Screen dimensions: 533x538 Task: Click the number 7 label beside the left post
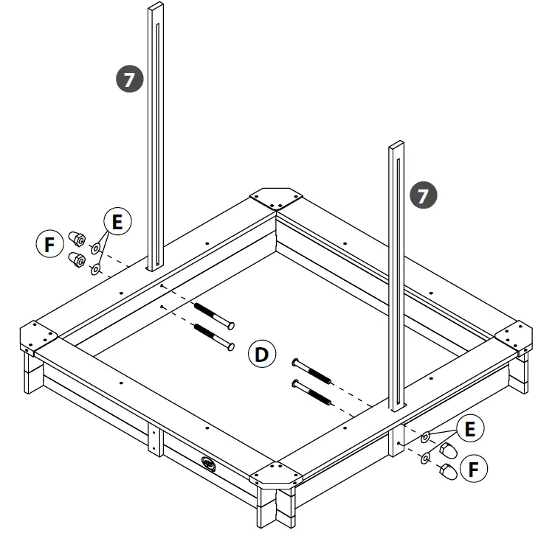click(129, 79)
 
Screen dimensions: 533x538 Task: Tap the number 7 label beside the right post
click(424, 195)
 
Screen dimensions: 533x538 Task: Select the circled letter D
click(261, 355)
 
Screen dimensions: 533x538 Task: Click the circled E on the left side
click(117, 221)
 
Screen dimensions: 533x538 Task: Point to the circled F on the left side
click(49, 244)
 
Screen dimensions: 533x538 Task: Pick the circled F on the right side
click(472, 467)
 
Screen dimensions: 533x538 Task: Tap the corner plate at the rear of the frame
click(276, 198)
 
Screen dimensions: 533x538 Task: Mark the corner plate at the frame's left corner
click(38, 338)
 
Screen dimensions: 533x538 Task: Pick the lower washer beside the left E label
click(95, 270)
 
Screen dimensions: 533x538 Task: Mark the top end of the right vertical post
click(396, 145)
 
